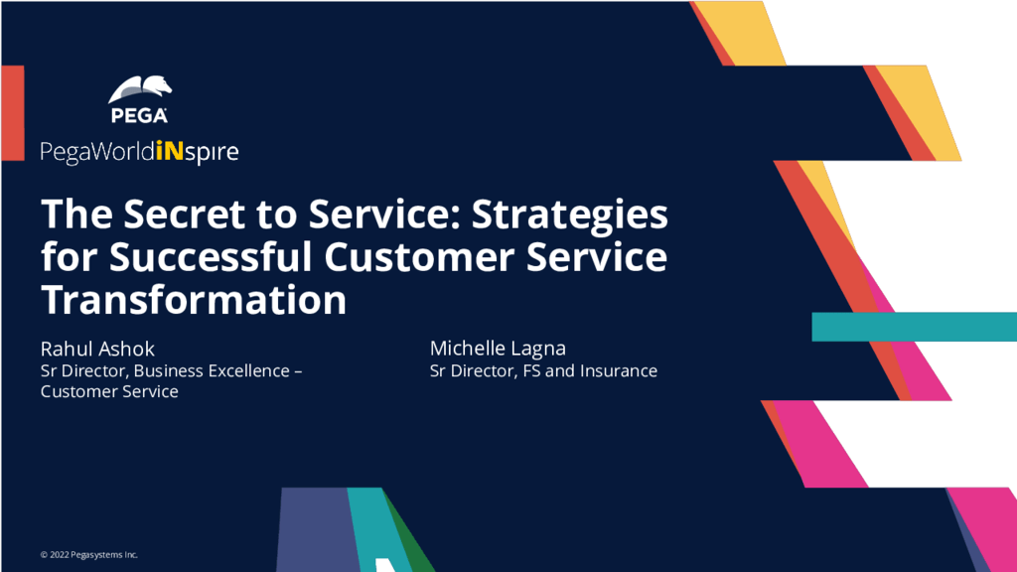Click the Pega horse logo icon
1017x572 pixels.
coord(139,89)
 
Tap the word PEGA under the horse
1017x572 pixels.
coord(139,115)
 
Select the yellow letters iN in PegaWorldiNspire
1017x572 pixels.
coord(170,151)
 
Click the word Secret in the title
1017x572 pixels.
coord(184,214)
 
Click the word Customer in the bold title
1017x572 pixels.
coord(419,256)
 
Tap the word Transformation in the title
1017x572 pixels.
coord(194,299)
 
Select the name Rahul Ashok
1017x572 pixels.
coord(97,349)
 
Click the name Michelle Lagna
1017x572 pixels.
coord(498,349)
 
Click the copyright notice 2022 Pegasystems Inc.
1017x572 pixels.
coord(88,554)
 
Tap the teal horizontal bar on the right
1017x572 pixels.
coord(914,327)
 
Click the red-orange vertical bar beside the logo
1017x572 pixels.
coord(13,113)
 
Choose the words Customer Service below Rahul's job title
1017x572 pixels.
coord(109,391)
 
